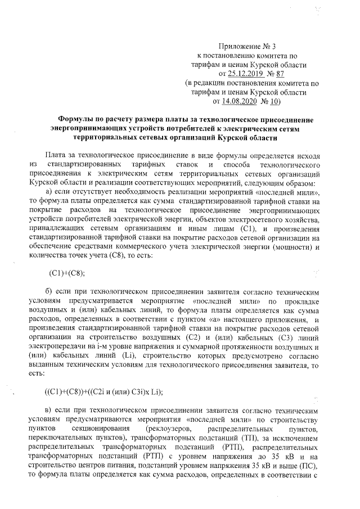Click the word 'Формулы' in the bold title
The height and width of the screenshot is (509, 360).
(x=78, y=119)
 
